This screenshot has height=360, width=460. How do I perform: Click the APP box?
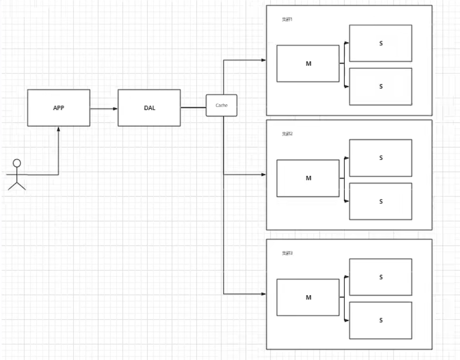point(59,107)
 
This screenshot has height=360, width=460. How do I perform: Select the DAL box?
point(149,107)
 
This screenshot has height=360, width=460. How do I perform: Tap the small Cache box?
point(221,105)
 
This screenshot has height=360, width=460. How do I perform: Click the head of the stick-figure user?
point(17,163)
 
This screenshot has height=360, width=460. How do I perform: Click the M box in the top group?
point(308,64)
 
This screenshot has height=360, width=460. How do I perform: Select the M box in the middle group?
point(308,178)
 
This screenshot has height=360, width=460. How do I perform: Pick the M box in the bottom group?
point(308,297)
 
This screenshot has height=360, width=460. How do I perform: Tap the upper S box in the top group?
point(380,43)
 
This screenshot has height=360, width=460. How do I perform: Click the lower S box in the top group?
point(380,87)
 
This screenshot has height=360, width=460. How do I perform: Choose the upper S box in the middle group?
point(380,158)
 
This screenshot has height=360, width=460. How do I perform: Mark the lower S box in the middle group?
point(380,201)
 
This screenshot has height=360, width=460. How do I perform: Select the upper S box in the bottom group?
point(380,277)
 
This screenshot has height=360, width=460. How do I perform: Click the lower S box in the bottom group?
point(380,320)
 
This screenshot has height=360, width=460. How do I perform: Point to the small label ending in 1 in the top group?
point(287,20)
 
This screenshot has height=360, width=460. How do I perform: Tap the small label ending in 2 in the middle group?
point(287,134)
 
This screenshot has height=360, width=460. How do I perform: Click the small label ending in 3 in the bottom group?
point(287,253)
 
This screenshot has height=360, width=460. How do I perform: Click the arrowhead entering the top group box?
point(264,60)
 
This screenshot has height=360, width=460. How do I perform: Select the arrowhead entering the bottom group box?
point(264,294)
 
